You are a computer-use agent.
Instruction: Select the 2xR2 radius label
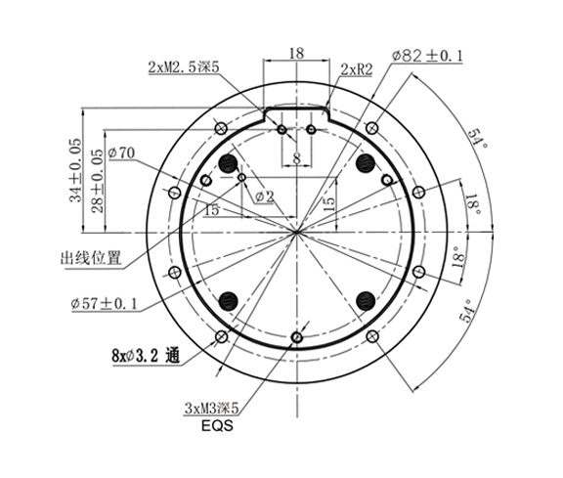click(x=356, y=68)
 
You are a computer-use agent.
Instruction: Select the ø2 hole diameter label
click(x=264, y=196)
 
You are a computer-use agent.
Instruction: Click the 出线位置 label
click(x=91, y=259)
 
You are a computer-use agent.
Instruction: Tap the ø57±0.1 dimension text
click(x=103, y=304)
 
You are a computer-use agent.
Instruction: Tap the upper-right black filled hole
click(x=365, y=161)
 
